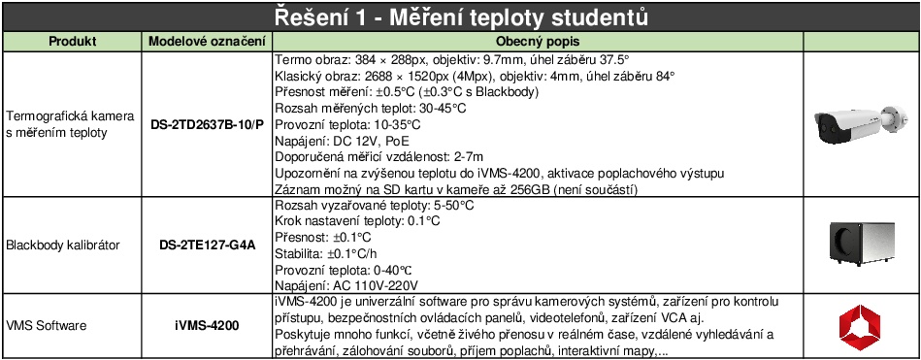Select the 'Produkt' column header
[70, 43]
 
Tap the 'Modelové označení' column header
[207, 43]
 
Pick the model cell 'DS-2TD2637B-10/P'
[207, 124]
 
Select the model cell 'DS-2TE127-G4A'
[207, 245]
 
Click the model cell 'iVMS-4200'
[207, 326]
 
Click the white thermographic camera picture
[861, 124]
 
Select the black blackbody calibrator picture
[861, 245]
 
